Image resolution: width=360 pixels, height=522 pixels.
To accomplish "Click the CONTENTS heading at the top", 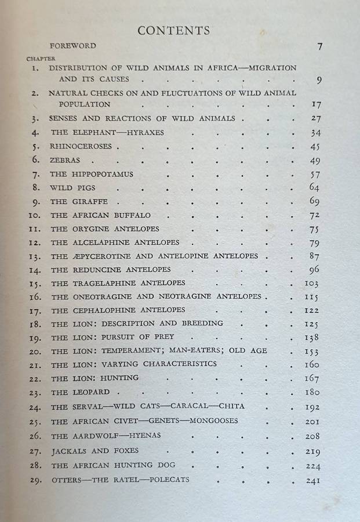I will point(173,31).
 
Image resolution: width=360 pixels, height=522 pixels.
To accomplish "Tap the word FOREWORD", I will point(73,45).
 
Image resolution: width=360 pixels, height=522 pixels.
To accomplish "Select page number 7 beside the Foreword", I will point(320,47).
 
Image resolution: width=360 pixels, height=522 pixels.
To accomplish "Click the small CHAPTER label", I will point(41,58).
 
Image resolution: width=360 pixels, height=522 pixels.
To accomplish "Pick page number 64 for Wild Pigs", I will point(314,187).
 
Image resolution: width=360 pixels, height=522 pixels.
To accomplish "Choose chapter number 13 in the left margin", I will point(34,256).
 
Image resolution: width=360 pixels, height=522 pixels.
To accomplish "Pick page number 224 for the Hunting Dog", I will point(312,466).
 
